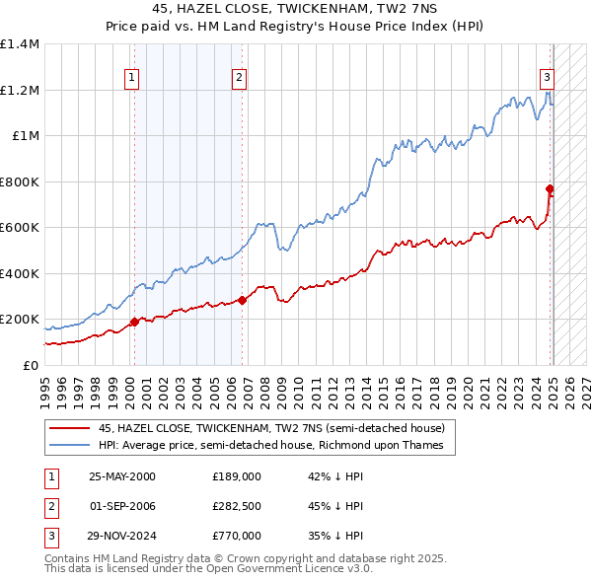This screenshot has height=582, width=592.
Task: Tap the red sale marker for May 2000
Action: (134, 322)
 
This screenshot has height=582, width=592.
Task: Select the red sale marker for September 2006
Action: (242, 301)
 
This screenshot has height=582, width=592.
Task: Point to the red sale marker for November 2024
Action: (550, 188)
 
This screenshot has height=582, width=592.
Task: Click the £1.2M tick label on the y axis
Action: (20, 90)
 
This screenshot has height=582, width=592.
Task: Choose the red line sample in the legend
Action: (69, 429)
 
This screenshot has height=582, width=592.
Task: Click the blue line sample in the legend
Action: (69, 446)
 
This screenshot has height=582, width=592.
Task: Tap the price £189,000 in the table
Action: (237, 475)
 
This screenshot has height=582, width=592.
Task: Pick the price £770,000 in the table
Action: (237, 536)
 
